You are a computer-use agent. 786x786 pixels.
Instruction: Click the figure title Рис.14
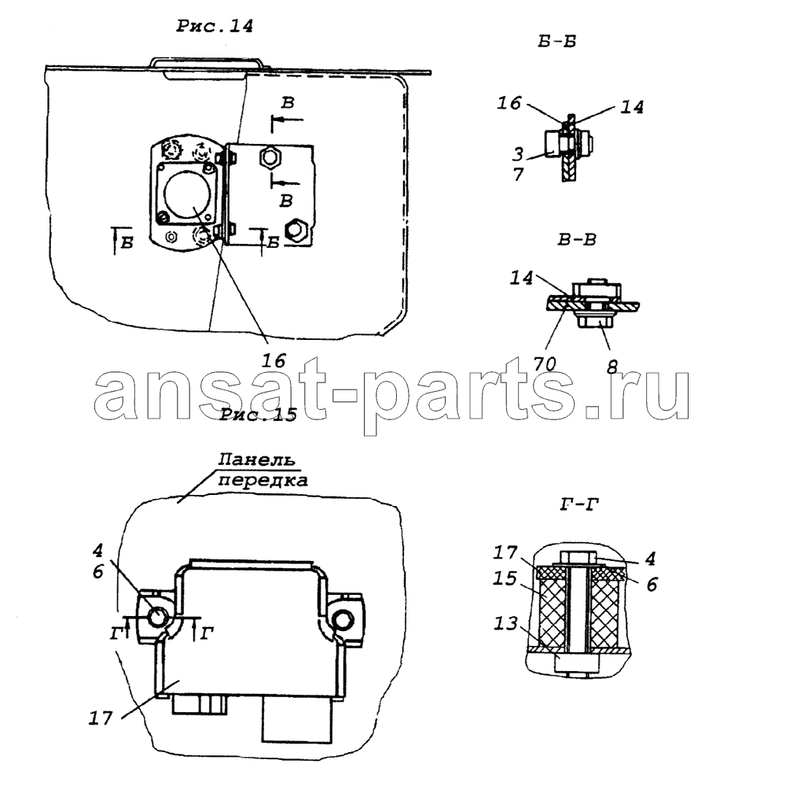[215, 26]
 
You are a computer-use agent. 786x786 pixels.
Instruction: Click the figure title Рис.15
[258, 415]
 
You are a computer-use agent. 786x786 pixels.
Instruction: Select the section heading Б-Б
[557, 41]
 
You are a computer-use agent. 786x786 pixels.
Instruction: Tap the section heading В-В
[577, 239]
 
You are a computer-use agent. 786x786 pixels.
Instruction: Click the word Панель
[256, 459]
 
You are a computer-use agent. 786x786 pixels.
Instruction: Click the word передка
[263, 480]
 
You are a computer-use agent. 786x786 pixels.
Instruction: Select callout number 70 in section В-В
[545, 363]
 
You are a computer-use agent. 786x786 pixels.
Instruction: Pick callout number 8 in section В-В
[612, 367]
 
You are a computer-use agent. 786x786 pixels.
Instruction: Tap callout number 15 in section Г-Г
[505, 579]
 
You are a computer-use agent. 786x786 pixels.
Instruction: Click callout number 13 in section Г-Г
[505, 623]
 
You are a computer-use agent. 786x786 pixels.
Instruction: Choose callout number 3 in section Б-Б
[518, 154]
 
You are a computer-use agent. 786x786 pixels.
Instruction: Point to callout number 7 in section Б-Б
[518, 174]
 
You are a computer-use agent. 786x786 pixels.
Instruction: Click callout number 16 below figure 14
[274, 360]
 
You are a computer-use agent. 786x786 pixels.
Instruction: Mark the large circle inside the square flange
[185, 196]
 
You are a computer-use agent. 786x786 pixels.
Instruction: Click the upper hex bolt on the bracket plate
[270, 159]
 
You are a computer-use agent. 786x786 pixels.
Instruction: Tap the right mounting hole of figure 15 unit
[343, 619]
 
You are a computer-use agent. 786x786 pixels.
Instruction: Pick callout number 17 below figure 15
[101, 718]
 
